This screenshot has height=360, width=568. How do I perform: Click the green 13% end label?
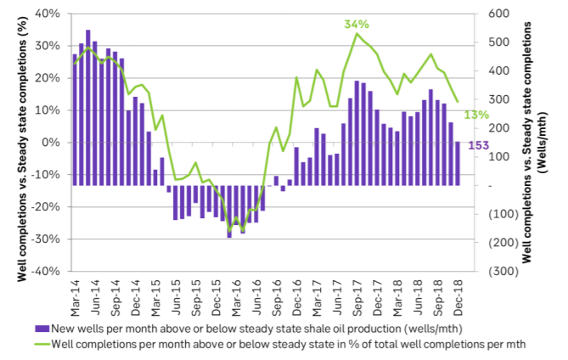(476, 115)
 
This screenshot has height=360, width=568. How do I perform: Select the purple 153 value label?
(477, 145)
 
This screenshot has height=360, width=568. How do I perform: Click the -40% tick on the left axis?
(49, 271)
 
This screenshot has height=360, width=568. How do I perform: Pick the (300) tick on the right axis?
(497, 271)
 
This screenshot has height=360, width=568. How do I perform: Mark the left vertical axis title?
(14, 143)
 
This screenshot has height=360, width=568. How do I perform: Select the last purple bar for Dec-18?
(458, 163)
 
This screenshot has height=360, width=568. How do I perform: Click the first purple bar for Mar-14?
(76, 120)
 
